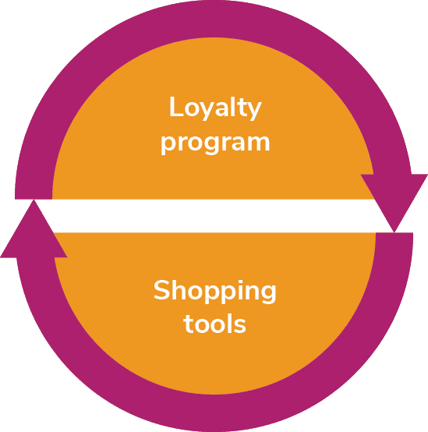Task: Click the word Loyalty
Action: [x=215, y=108]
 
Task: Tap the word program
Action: [x=215, y=143]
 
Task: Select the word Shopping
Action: [x=215, y=291]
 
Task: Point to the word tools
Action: [x=214, y=324]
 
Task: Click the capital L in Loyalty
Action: [x=176, y=107]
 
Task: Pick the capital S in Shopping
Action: [x=161, y=290]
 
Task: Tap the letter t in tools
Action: [x=189, y=323]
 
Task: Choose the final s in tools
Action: [x=240, y=325]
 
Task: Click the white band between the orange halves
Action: [x=214, y=216]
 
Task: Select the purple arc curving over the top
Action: [x=214, y=19]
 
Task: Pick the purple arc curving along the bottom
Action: [x=215, y=413]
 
